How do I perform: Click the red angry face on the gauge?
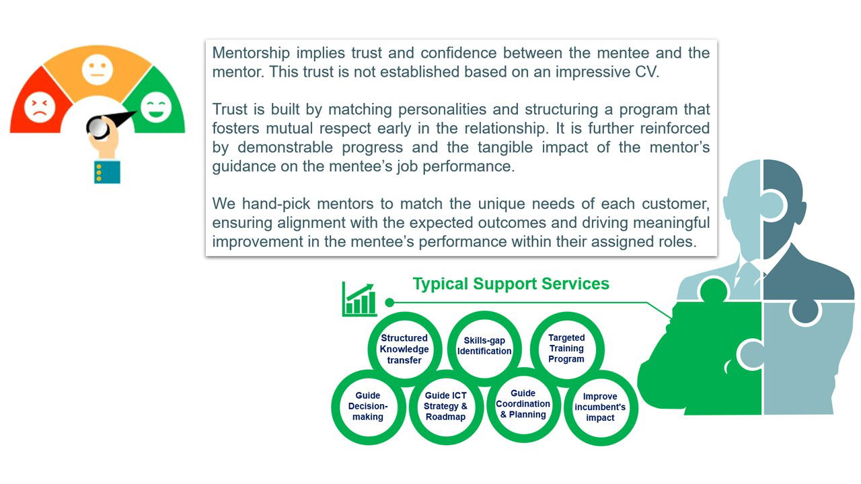tap(40, 107)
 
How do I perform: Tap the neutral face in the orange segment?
tap(98, 69)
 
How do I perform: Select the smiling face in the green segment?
tap(155, 107)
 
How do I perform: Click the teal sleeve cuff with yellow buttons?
tap(107, 171)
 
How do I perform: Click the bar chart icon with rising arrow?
tap(359, 299)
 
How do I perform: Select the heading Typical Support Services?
tap(511, 284)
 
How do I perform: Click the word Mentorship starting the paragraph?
tap(251, 53)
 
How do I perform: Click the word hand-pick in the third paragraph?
tap(276, 204)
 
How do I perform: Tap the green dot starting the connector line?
tap(389, 302)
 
